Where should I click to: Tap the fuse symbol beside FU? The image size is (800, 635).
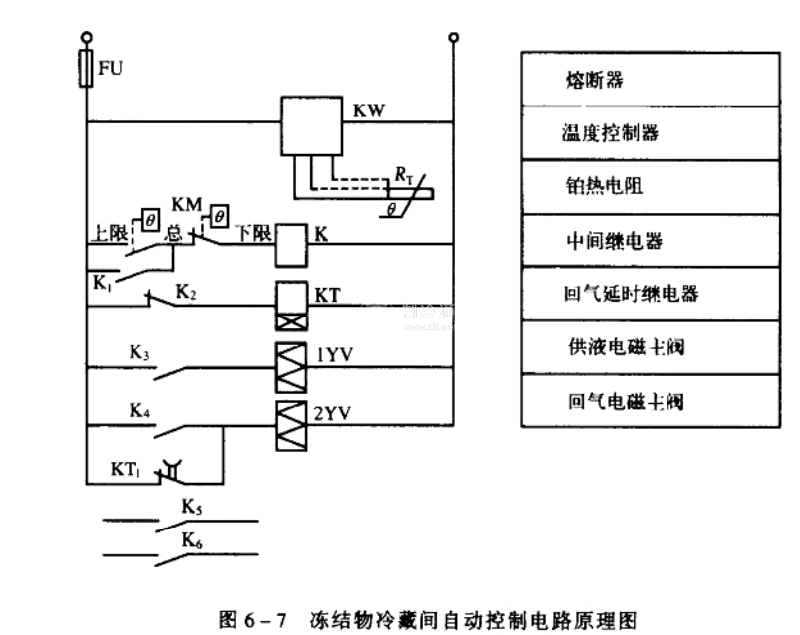(87, 71)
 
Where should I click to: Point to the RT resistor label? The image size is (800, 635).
(403, 176)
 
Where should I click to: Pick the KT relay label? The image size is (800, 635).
(330, 295)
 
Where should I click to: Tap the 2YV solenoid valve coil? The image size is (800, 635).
(288, 414)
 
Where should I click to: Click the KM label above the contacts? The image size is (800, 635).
(187, 205)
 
